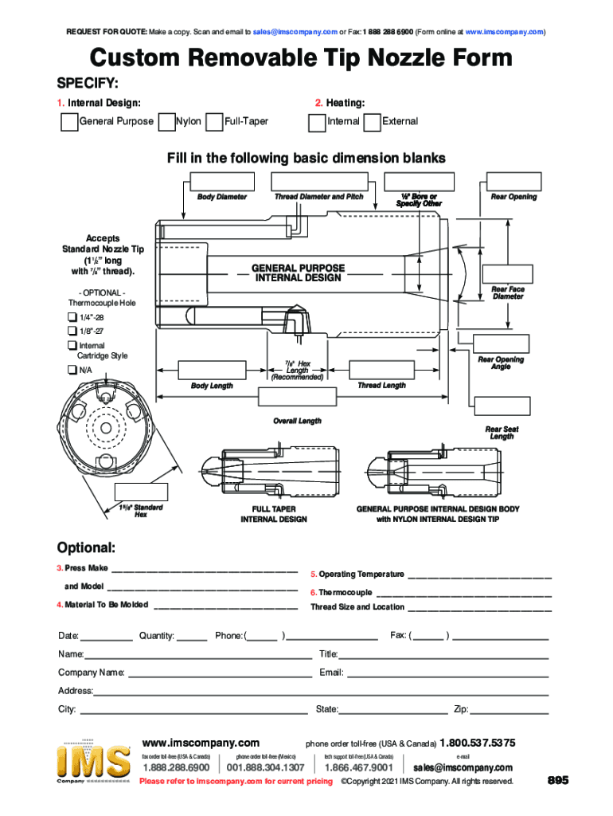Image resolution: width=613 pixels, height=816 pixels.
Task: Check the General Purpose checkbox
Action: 70,122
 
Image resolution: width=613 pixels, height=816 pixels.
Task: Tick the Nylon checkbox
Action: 166,122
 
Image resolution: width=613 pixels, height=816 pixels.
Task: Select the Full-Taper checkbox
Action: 213,122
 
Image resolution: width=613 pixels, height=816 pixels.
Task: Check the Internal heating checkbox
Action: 317,122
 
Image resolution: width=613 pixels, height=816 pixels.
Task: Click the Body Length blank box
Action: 212,371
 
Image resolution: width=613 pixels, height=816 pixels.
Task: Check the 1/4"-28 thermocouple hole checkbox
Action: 72,317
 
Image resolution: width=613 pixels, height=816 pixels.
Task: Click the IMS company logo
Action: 94,762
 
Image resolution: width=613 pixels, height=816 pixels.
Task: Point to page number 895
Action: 557,781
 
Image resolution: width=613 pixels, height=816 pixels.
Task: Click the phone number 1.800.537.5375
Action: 477,743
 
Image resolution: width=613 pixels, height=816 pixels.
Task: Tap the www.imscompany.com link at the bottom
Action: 200,743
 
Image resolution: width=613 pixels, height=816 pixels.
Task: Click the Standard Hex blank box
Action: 141,492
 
